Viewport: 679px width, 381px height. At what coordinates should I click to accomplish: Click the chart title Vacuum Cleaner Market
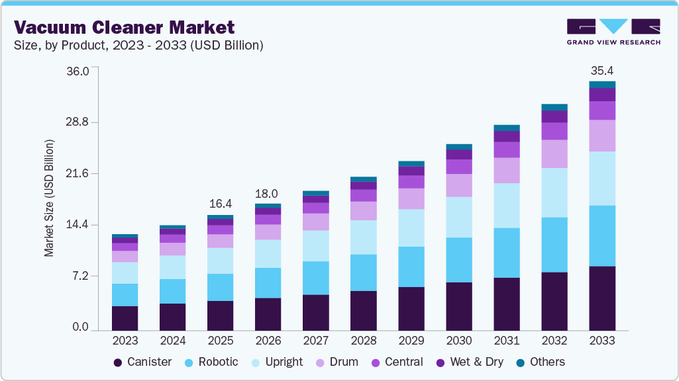(x=125, y=27)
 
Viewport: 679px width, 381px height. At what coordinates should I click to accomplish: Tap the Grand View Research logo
(x=613, y=31)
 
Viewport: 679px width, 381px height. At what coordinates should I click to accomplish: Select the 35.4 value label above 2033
(x=602, y=71)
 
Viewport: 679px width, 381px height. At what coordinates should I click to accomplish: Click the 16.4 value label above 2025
(x=221, y=204)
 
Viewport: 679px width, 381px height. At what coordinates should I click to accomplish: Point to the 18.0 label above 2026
(x=268, y=193)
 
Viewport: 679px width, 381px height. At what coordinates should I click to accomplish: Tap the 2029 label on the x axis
(x=411, y=341)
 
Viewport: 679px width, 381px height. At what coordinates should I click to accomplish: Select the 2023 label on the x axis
(x=125, y=341)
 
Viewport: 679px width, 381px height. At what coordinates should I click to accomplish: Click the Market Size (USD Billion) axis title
(x=50, y=198)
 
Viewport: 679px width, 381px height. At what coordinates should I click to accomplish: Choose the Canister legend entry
(x=143, y=362)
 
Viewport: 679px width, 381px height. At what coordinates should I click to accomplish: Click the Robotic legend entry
(x=211, y=362)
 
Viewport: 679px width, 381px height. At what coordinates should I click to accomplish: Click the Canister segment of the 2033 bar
(x=602, y=298)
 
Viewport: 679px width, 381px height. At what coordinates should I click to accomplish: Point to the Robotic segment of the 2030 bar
(x=459, y=260)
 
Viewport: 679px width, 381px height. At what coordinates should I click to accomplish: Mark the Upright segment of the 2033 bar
(x=602, y=179)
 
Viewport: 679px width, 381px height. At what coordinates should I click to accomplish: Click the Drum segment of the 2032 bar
(x=554, y=153)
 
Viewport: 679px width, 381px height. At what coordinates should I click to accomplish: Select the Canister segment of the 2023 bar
(x=125, y=318)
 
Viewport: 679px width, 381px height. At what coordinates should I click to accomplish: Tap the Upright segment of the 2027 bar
(x=316, y=245)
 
